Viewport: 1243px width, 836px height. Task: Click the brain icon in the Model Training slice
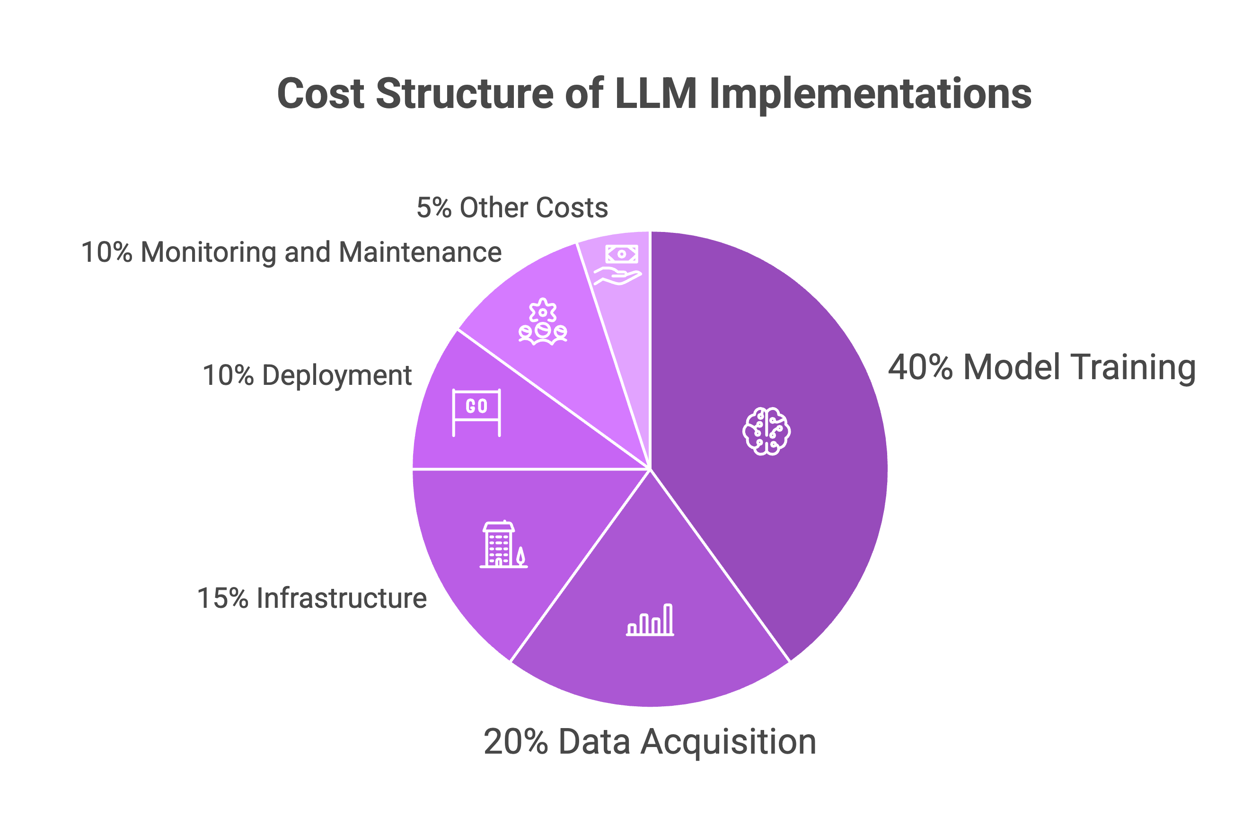tap(766, 431)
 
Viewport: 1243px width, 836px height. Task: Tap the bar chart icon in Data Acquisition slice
tap(650, 620)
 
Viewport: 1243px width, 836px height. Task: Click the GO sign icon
tap(476, 412)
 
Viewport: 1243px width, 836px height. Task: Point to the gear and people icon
tap(542, 322)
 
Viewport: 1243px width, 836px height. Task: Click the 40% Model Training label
tap(1041, 367)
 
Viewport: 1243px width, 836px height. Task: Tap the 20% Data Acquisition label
tap(650, 742)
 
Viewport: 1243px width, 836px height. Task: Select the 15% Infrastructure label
tap(312, 598)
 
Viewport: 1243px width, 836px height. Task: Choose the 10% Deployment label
tap(307, 375)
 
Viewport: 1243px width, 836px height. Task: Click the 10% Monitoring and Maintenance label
tap(291, 252)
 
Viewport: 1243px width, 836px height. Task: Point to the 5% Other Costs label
tap(512, 207)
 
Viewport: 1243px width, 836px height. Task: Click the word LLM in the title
tap(655, 93)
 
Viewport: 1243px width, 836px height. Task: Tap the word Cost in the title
tap(321, 93)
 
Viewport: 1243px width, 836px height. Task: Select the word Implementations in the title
tap(870, 93)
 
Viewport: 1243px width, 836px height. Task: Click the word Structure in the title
tap(465, 93)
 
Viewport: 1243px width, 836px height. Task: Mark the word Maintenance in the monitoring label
tap(420, 252)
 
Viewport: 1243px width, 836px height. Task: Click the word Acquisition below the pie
tap(728, 742)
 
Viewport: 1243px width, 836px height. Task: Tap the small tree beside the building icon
tap(520, 556)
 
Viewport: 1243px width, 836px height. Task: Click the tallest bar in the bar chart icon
tap(668, 619)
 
